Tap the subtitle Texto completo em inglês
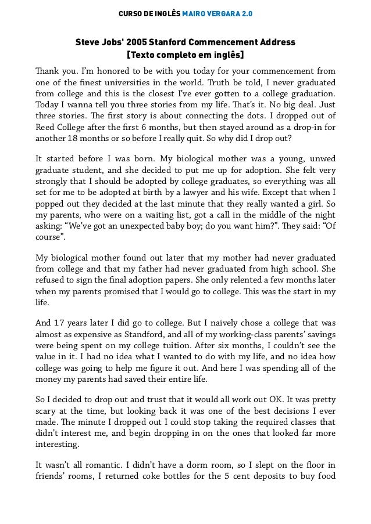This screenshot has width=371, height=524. click(x=185, y=56)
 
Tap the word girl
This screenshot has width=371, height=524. click(x=315, y=204)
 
